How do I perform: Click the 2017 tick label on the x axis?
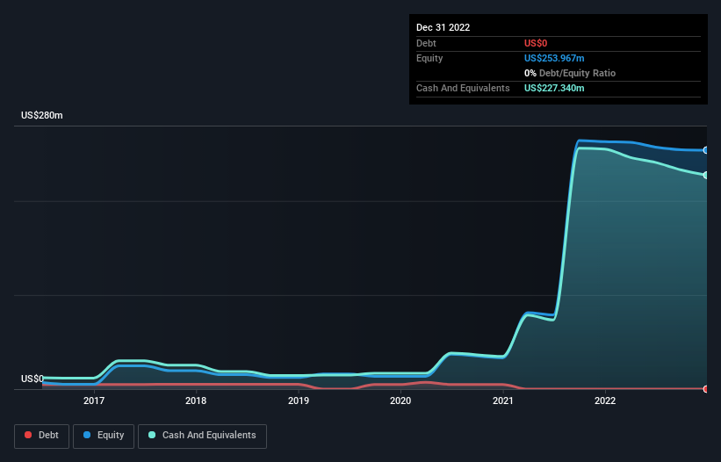(x=94, y=401)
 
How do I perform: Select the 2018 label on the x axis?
(x=196, y=401)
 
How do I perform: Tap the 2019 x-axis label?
(x=299, y=401)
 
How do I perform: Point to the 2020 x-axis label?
(x=400, y=401)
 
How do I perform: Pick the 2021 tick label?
(x=503, y=401)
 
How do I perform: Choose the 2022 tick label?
(x=605, y=401)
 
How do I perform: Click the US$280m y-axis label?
(x=42, y=115)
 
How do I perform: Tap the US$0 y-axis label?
(x=32, y=379)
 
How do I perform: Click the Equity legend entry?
(x=104, y=436)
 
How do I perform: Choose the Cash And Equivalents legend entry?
(x=202, y=436)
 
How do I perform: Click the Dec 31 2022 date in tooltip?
(x=443, y=27)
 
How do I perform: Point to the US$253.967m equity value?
(x=554, y=58)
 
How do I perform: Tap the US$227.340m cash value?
(x=554, y=88)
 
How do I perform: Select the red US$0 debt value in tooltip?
(x=536, y=43)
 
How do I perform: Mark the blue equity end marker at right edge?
(x=705, y=150)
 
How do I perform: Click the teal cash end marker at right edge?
(x=705, y=176)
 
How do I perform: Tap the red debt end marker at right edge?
(x=705, y=388)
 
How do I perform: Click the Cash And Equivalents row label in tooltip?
(x=463, y=88)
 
